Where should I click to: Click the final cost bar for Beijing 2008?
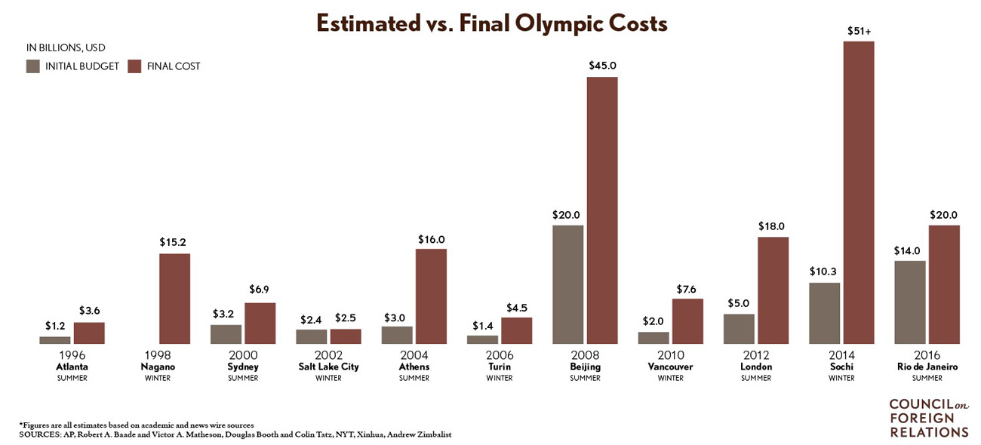[602, 211]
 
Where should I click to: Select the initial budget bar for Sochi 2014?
[824, 314]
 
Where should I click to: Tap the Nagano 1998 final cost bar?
[174, 299]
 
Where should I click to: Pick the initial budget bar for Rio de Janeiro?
[909, 302]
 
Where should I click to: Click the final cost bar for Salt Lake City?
[346, 336]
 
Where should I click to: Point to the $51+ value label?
[858, 31]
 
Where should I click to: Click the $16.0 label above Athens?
[431, 239]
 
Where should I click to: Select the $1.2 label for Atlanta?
[55, 327]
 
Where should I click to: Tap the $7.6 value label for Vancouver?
[687, 289]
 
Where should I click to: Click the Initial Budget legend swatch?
[33, 66]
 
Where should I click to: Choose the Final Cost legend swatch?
[134, 66]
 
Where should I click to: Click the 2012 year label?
[756, 355]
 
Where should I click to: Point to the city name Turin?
[500, 367]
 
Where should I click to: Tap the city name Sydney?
[243, 367]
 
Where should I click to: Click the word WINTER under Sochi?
[841, 378]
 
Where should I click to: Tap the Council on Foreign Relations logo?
[928, 417]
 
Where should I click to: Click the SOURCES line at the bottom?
[235, 435]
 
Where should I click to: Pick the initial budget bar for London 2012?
[739, 329]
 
